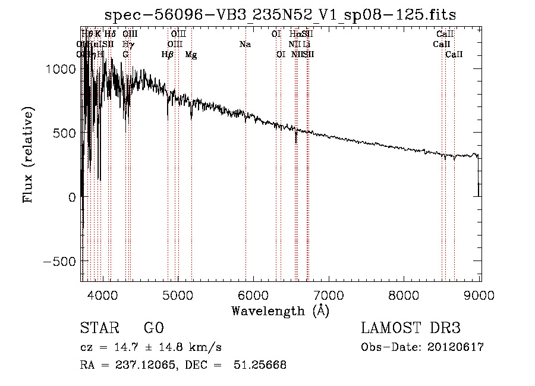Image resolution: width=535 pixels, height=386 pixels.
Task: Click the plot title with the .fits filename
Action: pyautogui.click(x=281, y=15)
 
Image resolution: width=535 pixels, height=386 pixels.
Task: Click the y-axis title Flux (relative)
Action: pyautogui.click(x=28, y=155)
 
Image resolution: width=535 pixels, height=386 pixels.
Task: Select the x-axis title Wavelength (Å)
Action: pyautogui.click(x=280, y=310)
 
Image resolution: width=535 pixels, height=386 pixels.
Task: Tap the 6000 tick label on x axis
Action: pyautogui.click(x=254, y=294)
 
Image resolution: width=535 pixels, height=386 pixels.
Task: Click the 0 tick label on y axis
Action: pyautogui.click(x=71, y=197)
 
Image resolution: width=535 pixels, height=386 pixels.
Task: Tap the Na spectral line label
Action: pyautogui.click(x=245, y=45)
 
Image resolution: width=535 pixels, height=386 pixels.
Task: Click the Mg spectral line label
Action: pyautogui.click(x=191, y=55)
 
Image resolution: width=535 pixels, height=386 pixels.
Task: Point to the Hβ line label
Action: pyautogui.click(x=168, y=55)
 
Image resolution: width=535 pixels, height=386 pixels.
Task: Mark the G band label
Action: pyautogui.click(x=125, y=55)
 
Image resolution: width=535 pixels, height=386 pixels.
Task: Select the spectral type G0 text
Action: pyautogui.click(x=153, y=328)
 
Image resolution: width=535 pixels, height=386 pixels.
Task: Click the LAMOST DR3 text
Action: pyautogui.click(x=411, y=328)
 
